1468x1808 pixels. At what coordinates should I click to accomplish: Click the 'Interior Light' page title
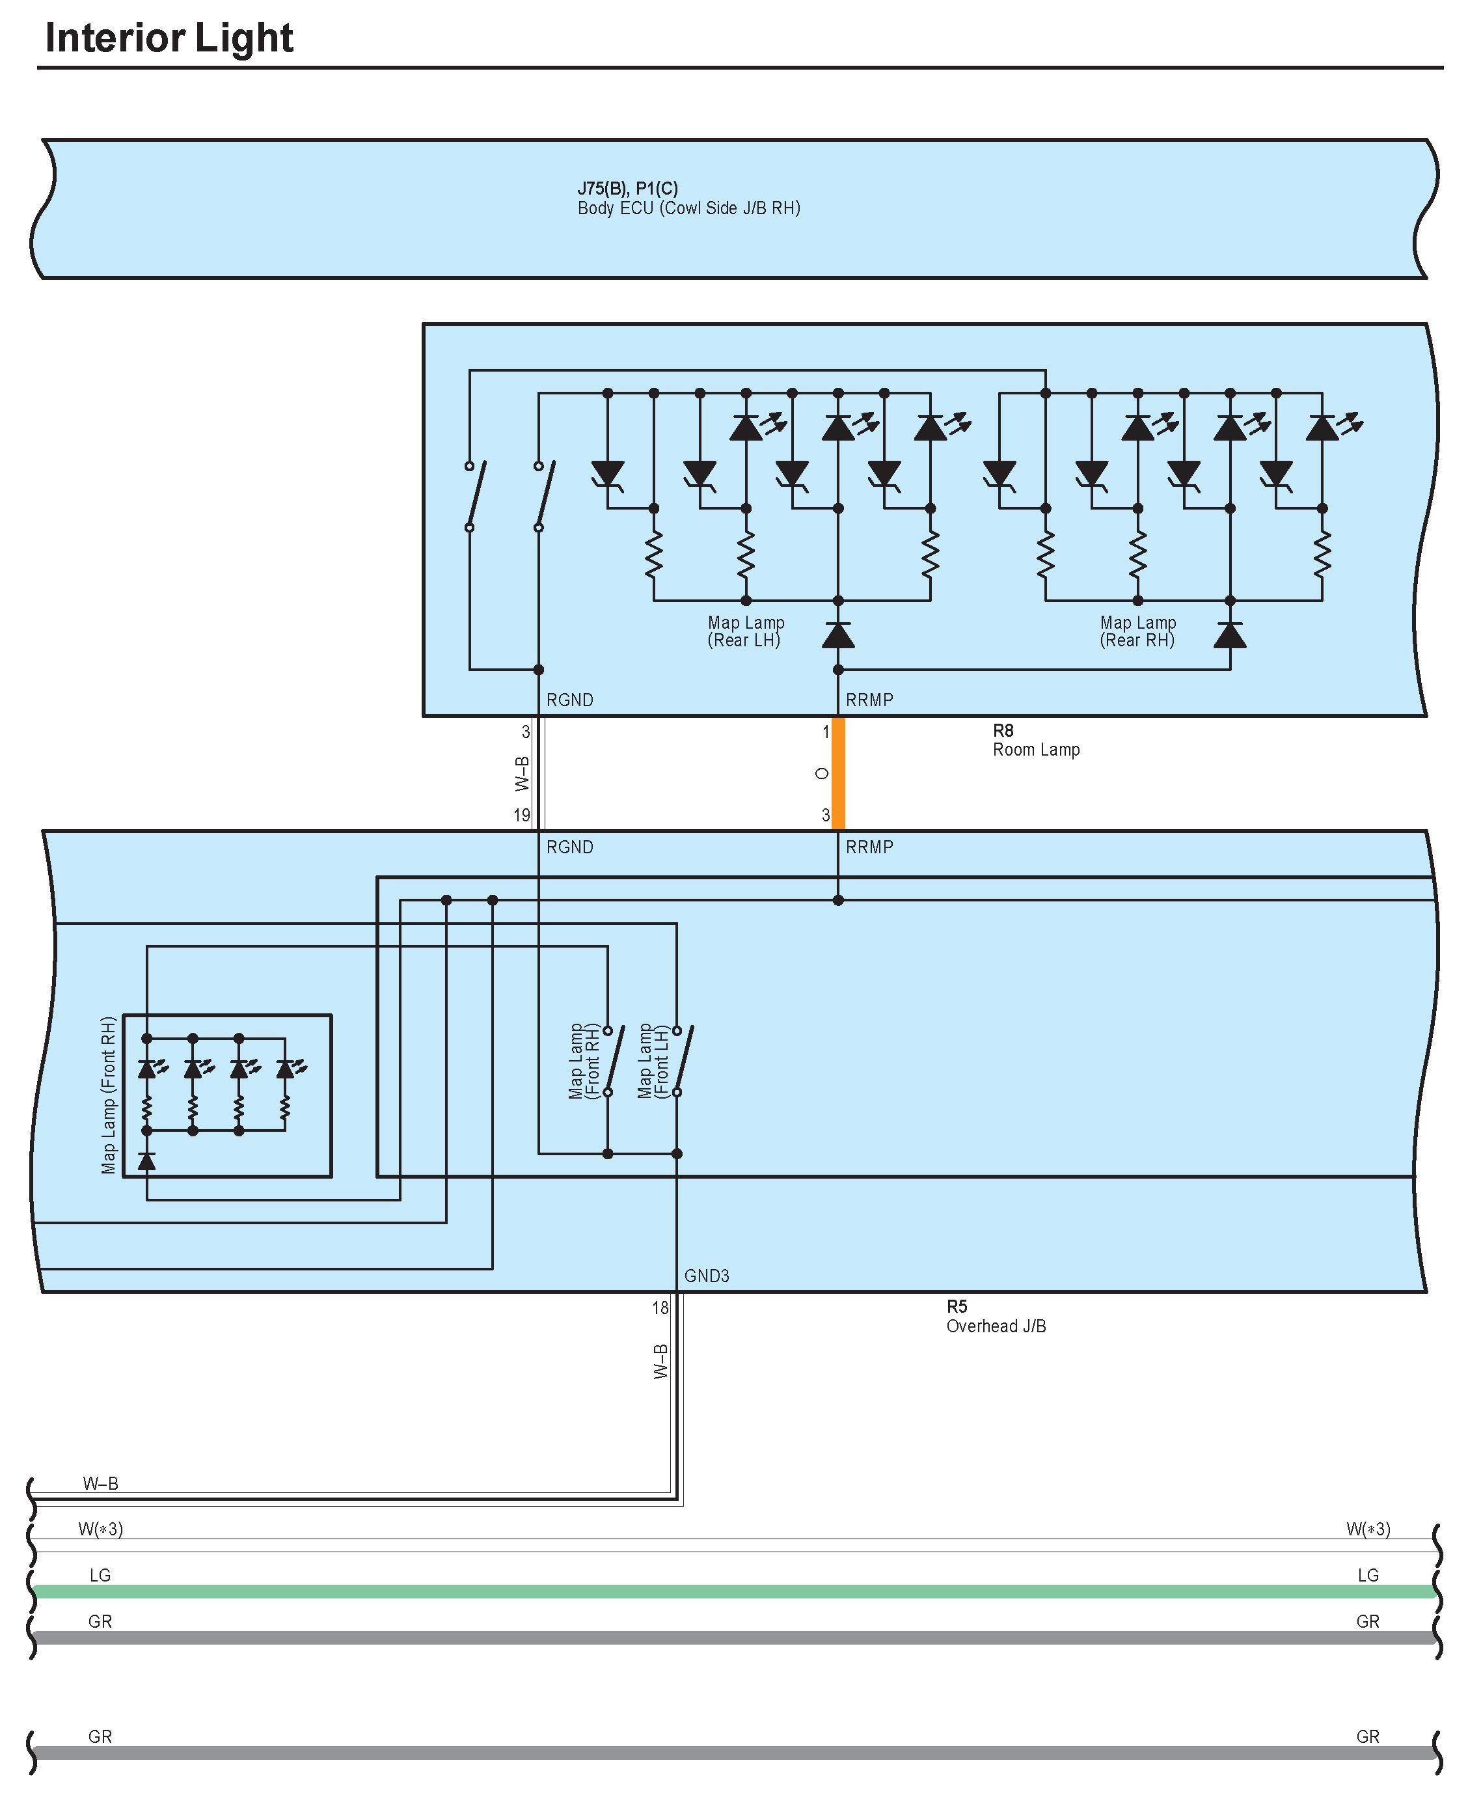point(169,38)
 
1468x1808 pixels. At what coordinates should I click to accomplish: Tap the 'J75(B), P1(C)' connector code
point(627,187)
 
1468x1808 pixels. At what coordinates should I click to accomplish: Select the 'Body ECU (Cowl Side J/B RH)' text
point(688,208)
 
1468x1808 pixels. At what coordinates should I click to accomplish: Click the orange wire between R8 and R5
point(838,773)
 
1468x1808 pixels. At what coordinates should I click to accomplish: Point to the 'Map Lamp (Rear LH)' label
point(745,631)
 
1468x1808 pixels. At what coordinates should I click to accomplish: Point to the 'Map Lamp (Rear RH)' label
point(1137,631)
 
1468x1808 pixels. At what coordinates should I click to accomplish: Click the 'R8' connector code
point(1003,730)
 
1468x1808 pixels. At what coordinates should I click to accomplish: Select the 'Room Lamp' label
point(1036,749)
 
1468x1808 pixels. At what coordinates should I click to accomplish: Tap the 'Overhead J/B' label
point(996,1326)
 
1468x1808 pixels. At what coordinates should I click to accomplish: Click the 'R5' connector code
point(957,1306)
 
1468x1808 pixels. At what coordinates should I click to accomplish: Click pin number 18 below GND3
point(660,1308)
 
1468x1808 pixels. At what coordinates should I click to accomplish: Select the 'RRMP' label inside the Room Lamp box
point(869,700)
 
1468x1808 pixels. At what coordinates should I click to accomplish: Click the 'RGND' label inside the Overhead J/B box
point(570,847)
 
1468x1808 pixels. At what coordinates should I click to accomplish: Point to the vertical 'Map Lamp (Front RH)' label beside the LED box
point(108,1095)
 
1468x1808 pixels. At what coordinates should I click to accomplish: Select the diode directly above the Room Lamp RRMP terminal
point(838,635)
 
